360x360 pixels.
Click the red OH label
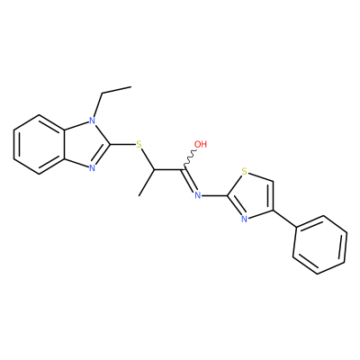(201, 144)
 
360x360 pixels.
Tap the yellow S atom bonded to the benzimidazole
(139, 144)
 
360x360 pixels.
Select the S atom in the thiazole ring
(245, 172)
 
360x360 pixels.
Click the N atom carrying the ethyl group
(93, 121)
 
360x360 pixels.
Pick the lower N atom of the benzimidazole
(93, 168)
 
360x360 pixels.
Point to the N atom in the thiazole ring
(245, 219)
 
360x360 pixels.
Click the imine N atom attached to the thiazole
(198, 196)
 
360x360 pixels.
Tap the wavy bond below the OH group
(190, 159)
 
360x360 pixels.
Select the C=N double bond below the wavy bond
(190, 181)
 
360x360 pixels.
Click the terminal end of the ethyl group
(131, 87)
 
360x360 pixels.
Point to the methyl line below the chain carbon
(147, 183)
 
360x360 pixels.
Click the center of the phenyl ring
(320, 245)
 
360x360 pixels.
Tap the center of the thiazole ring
(253, 196)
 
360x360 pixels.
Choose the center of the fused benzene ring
(40, 144)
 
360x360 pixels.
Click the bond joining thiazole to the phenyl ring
(284, 219)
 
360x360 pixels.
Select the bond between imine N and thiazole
(214, 196)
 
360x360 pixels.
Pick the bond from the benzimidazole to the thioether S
(123, 144)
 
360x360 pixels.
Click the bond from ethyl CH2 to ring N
(98, 105)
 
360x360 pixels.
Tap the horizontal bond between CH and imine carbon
(168, 170)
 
